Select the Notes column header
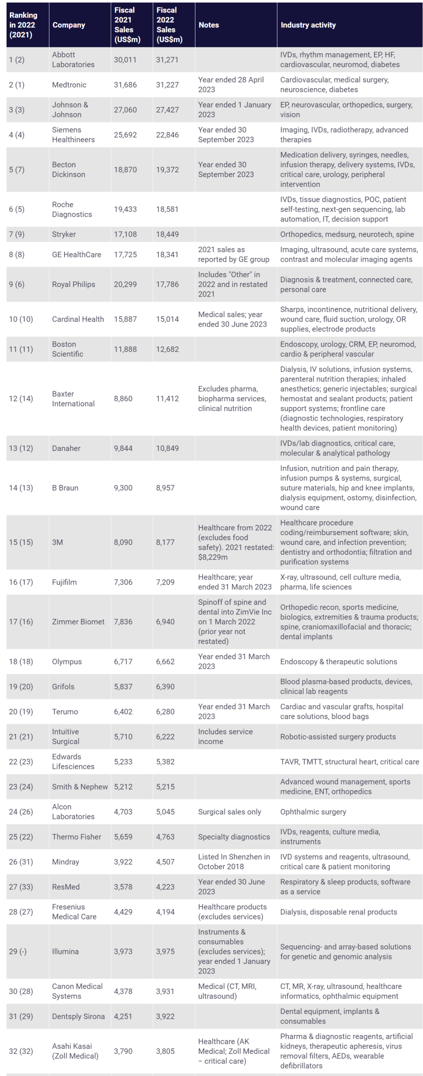pyautogui.click(x=209, y=25)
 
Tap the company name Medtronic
pyautogui.click(x=69, y=85)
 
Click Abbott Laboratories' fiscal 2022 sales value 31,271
pyautogui.click(x=167, y=60)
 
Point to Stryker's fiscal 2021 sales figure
pyautogui.click(x=125, y=234)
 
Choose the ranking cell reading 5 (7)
pyautogui.click(x=17, y=169)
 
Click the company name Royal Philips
pyautogui.click(x=74, y=284)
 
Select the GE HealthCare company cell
pyautogui.click(x=76, y=254)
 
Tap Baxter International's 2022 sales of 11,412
pyautogui.click(x=167, y=398)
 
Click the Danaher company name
pyautogui.click(x=66, y=448)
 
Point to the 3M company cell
pyautogui.click(x=57, y=542)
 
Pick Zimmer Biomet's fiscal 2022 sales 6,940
pyautogui.click(x=165, y=622)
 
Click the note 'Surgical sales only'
pyautogui.click(x=230, y=811)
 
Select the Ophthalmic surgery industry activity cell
pyautogui.click(x=313, y=811)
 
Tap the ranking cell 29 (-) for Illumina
pyautogui.click(x=18, y=951)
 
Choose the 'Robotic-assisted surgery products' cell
pyautogui.click(x=338, y=736)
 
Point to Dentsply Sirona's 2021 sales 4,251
pyautogui.click(x=123, y=1016)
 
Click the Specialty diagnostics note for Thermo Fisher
pyautogui.click(x=234, y=837)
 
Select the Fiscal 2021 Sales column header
pyautogui.click(x=127, y=25)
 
